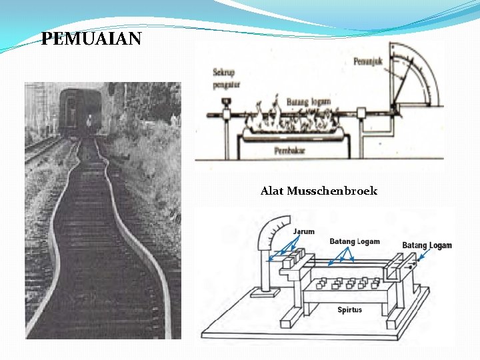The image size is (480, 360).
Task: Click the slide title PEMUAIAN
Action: tap(91, 39)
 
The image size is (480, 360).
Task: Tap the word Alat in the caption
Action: tap(272, 191)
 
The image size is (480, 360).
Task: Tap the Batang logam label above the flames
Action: tap(308, 101)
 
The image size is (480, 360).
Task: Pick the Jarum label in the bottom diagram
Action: tap(304, 232)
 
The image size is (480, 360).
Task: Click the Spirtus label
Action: tap(350, 309)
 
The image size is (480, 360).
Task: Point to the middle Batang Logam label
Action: tap(355, 241)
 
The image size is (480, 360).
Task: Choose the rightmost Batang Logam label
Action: tap(427, 245)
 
